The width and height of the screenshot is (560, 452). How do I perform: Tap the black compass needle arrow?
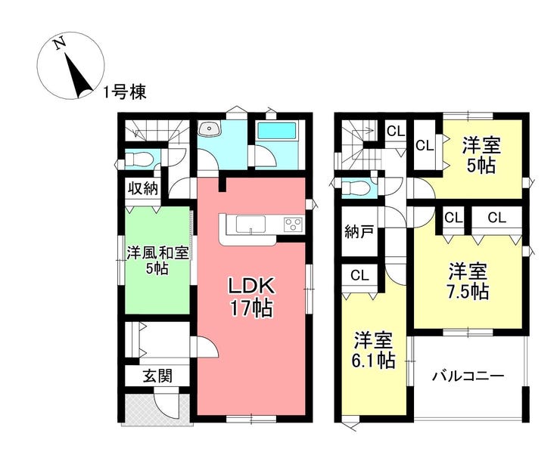point(77,76)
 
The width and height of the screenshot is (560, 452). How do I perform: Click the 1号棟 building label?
point(125,93)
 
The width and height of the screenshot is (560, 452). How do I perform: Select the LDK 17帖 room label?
point(251,297)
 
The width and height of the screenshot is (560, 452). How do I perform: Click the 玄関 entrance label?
point(157,376)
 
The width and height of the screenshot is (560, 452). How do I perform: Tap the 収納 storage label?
point(143,188)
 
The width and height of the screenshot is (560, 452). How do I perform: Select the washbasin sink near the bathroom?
point(210,128)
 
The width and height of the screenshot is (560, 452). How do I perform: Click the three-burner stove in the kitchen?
point(293,224)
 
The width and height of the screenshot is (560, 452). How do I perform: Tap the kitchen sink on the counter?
point(250,224)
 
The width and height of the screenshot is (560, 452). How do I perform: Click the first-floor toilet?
point(138,159)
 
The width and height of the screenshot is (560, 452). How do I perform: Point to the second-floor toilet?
point(355,188)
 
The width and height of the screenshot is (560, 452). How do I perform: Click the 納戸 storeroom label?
point(359,232)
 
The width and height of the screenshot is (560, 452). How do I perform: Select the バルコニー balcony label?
point(468,376)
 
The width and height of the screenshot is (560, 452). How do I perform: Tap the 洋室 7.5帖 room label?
point(468,282)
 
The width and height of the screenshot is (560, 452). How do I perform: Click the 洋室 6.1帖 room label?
point(374,351)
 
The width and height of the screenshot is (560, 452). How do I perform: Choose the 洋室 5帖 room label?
point(482,155)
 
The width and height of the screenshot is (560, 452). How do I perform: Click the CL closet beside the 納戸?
point(359,275)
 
